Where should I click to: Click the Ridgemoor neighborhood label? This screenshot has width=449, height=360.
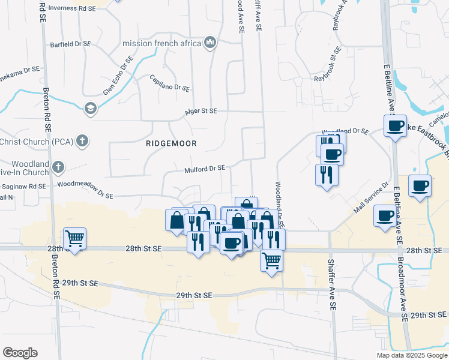click(x=171, y=144)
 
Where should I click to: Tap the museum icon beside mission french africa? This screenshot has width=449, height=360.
click(x=210, y=43)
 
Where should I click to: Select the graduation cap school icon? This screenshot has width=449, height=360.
click(x=90, y=108)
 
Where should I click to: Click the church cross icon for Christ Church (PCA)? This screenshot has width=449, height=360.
click(x=83, y=142)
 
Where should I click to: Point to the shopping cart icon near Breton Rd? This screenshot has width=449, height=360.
click(x=75, y=239)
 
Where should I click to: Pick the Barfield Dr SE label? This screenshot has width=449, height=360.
click(x=70, y=44)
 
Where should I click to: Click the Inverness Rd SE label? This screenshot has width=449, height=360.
click(x=71, y=8)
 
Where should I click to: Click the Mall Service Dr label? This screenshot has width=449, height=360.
click(x=371, y=197)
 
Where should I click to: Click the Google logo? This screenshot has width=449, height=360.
click(x=20, y=353)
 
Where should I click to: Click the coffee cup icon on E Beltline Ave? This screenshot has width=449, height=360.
click(x=395, y=126)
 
